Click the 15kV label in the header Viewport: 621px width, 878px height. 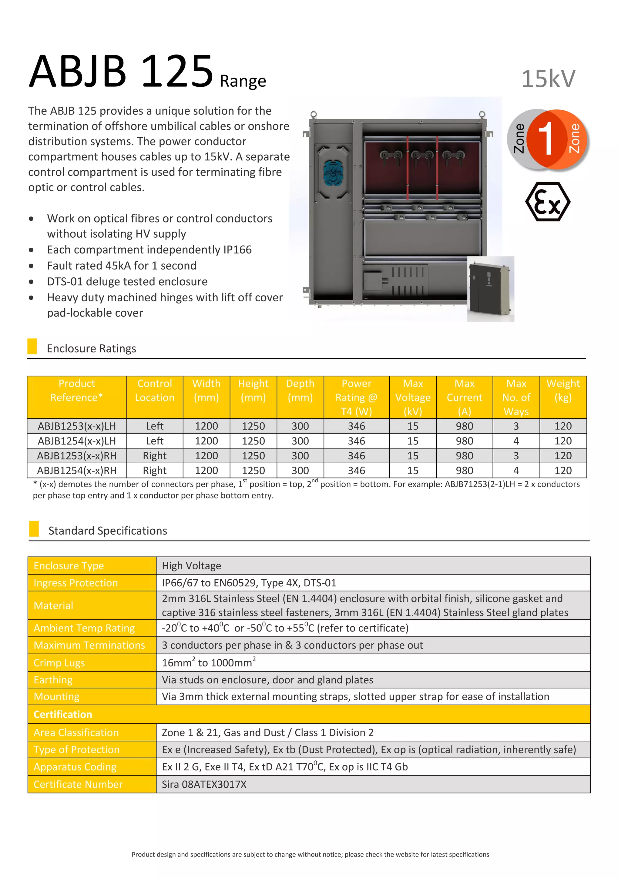point(548,79)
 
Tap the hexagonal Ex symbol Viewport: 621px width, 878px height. point(548,202)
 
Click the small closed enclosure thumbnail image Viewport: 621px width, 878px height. point(490,289)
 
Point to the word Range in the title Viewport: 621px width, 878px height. point(243,81)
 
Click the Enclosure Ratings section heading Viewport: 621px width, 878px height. point(91,348)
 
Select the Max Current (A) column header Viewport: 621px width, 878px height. point(464,397)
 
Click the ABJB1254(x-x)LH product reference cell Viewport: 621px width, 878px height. point(76,441)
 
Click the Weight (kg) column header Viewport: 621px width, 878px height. point(563,390)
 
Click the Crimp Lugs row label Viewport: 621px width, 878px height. point(59,663)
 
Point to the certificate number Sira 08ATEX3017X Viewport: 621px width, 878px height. point(204,784)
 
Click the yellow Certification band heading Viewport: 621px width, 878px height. point(63,714)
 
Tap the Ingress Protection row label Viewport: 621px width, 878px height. point(76,583)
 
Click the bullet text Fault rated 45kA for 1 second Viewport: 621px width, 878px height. point(122,265)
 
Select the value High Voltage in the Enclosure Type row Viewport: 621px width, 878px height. point(191,565)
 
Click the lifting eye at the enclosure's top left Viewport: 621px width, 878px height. point(314,114)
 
